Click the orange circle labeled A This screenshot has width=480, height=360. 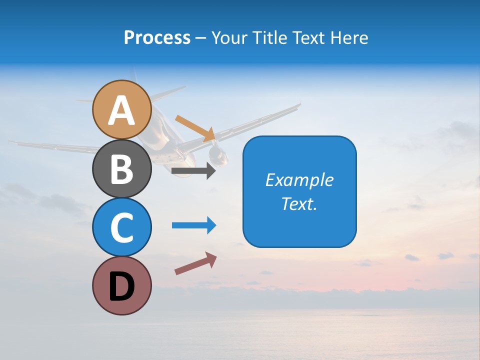tap(121, 109)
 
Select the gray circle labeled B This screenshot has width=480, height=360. tap(121, 168)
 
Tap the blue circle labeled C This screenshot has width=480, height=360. tap(121, 227)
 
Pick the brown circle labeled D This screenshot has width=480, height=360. tap(121, 286)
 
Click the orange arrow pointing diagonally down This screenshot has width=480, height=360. tap(195, 127)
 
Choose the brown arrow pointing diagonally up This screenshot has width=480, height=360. tap(195, 263)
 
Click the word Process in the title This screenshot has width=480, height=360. tap(157, 38)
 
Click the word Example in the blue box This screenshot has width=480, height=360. tap(299, 180)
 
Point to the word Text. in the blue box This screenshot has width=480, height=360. tap(299, 203)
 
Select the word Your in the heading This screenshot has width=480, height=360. tap(229, 38)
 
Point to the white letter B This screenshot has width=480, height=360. tap(121, 169)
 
